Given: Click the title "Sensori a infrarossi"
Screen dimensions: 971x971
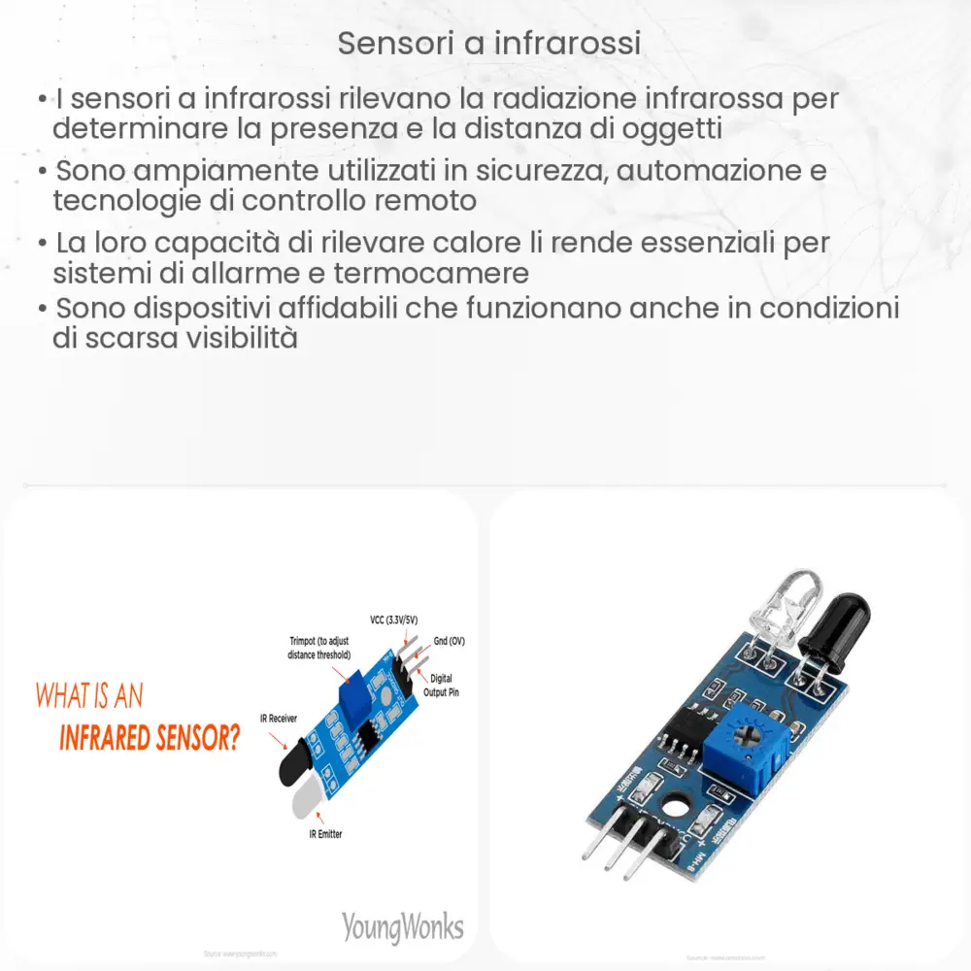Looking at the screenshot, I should point(488,45).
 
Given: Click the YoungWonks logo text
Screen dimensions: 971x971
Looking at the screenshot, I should point(402,925).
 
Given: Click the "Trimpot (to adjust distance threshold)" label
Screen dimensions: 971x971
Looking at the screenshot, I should point(318,648).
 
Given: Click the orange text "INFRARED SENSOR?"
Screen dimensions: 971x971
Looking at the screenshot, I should point(149,738).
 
